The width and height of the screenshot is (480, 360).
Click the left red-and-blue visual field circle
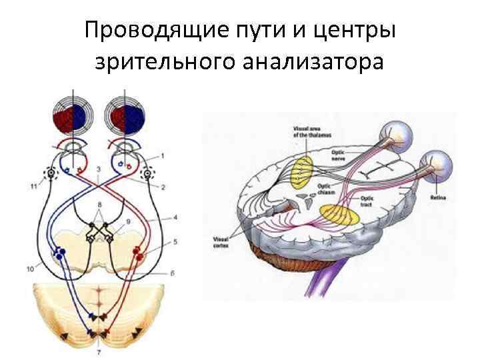(75, 113)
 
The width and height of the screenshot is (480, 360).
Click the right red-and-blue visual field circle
(127, 113)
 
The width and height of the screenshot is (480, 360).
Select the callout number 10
(30, 269)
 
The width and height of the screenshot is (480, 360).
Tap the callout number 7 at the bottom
(98, 351)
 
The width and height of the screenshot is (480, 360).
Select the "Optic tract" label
(368, 199)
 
